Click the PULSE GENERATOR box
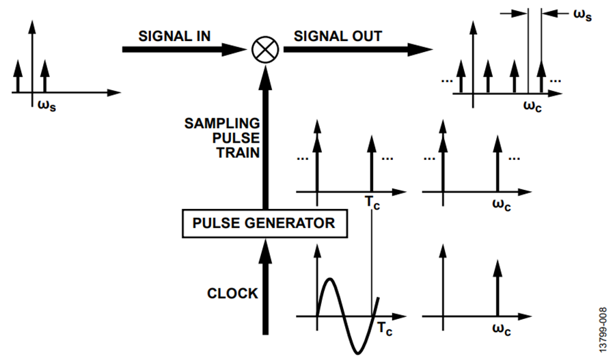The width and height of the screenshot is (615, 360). point(263,223)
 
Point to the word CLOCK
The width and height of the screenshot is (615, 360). point(233,294)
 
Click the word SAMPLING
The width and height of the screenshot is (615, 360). point(223,123)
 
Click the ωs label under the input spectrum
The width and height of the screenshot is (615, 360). point(46,105)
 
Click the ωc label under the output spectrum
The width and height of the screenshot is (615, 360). point(533,105)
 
